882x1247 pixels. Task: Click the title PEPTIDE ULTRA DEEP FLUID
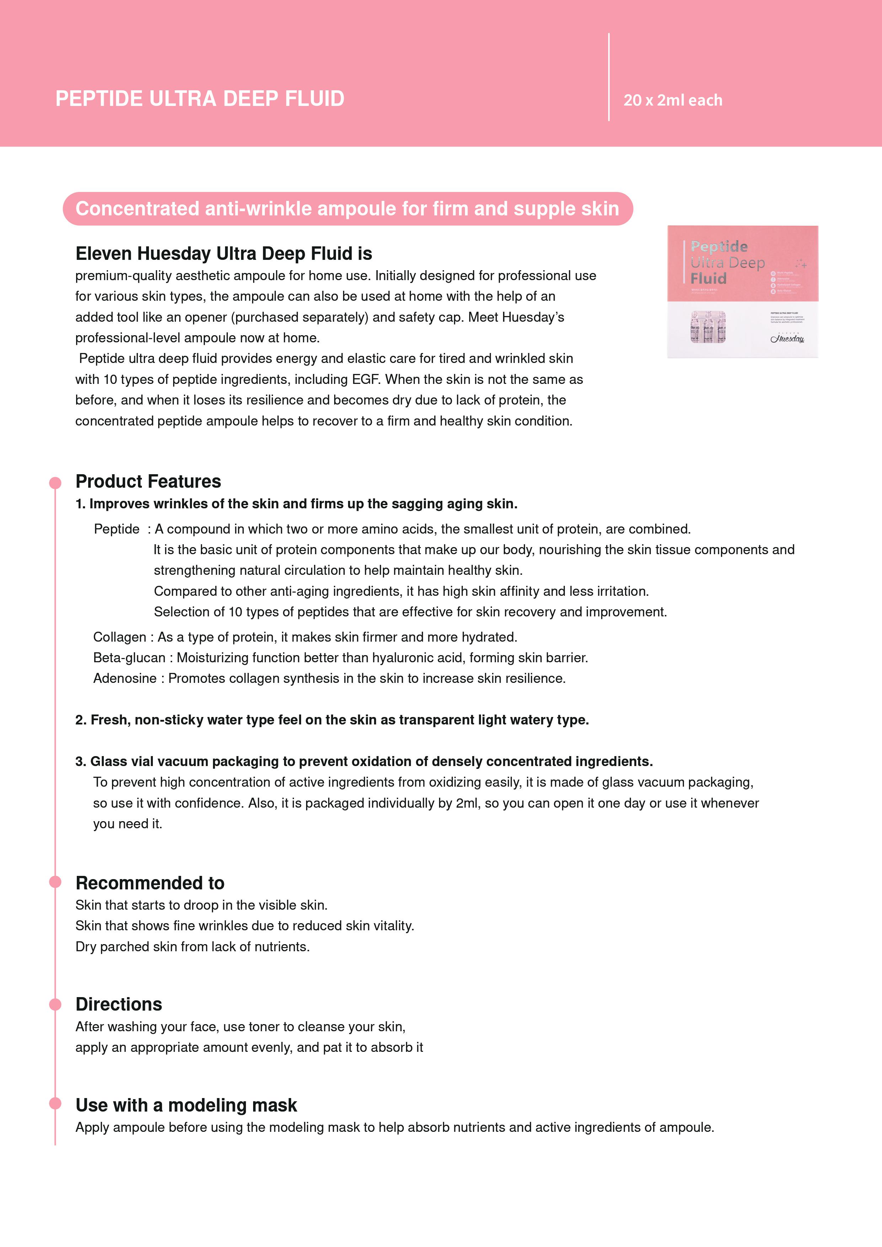(200, 99)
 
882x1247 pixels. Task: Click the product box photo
(742, 291)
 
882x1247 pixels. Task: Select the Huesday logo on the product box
(787, 338)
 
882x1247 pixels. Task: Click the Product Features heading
(148, 481)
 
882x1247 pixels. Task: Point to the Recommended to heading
(150, 883)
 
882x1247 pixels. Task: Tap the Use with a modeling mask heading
(186, 1105)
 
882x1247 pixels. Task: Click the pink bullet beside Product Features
(55, 483)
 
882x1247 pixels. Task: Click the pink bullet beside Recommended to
(55, 882)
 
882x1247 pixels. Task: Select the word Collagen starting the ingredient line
(119, 637)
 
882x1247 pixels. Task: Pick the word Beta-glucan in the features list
(129, 658)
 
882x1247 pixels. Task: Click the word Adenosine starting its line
(125, 678)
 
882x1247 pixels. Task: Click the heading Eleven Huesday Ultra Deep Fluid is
(224, 254)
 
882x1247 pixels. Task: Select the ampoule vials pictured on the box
(708, 327)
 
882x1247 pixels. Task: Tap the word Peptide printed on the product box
(719, 247)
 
